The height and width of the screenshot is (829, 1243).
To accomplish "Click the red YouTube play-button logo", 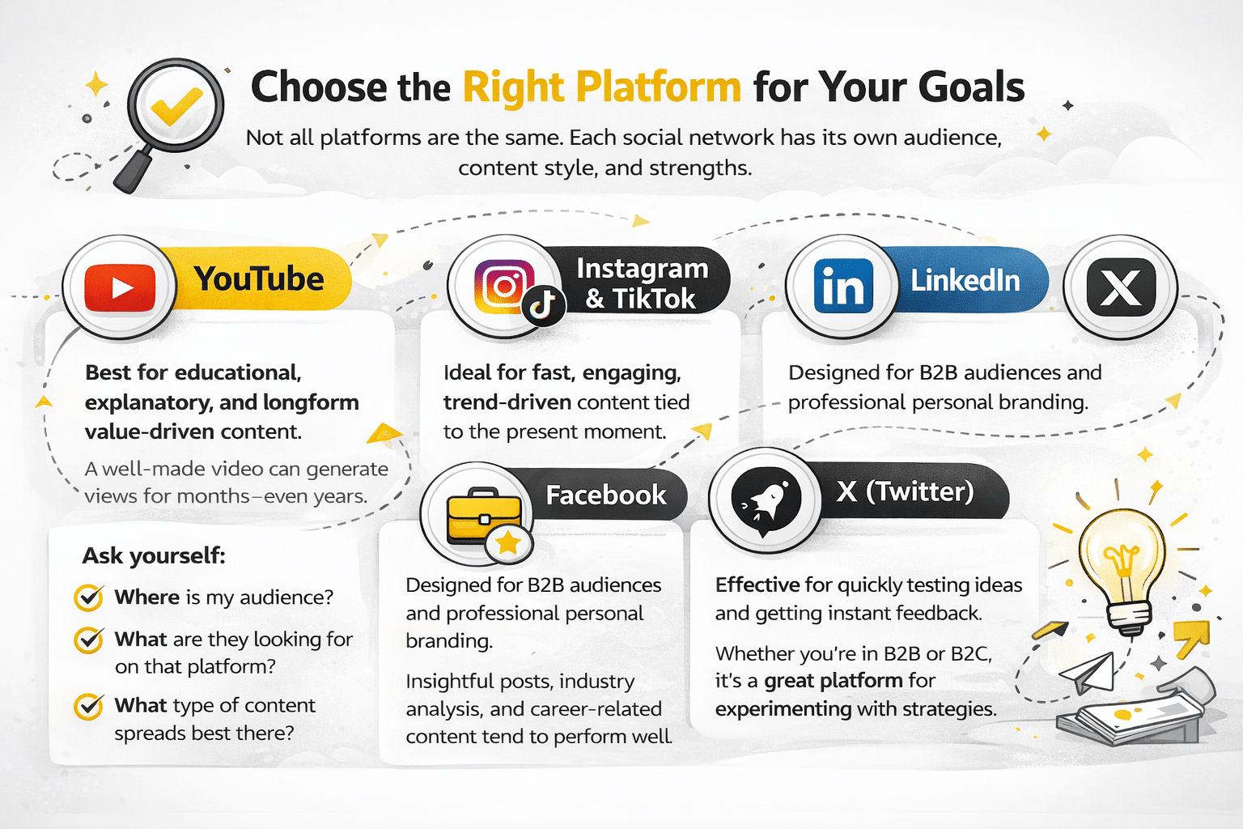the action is pyautogui.click(x=119, y=287).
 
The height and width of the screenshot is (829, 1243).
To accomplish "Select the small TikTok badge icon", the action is pyautogui.click(x=544, y=305).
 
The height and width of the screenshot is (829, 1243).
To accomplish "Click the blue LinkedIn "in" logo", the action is pyautogui.click(x=842, y=286).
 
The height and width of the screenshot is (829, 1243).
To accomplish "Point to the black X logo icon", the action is pyautogui.click(x=1120, y=287).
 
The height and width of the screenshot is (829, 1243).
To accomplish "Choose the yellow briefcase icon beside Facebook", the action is pyautogui.click(x=484, y=515).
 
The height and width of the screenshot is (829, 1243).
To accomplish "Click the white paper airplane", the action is pyautogui.click(x=1087, y=673).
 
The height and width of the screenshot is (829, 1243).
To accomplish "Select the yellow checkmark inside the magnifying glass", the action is pyautogui.click(x=176, y=105).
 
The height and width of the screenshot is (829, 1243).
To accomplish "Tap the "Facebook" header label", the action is pyautogui.click(x=606, y=495).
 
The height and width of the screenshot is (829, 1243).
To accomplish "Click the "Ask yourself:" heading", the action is pyautogui.click(x=154, y=555).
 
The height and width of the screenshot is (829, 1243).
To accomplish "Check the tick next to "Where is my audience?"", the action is pyautogui.click(x=89, y=597).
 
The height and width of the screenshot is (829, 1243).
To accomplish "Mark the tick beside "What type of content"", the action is pyautogui.click(x=89, y=706).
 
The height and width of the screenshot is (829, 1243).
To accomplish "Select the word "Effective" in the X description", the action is pyautogui.click(x=757, y=585).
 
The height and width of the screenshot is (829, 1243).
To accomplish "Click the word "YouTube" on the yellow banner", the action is pyautogui.click(x=259, y=278).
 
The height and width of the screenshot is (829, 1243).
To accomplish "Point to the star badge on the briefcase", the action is pyautogui.click(x=508, y=543).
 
